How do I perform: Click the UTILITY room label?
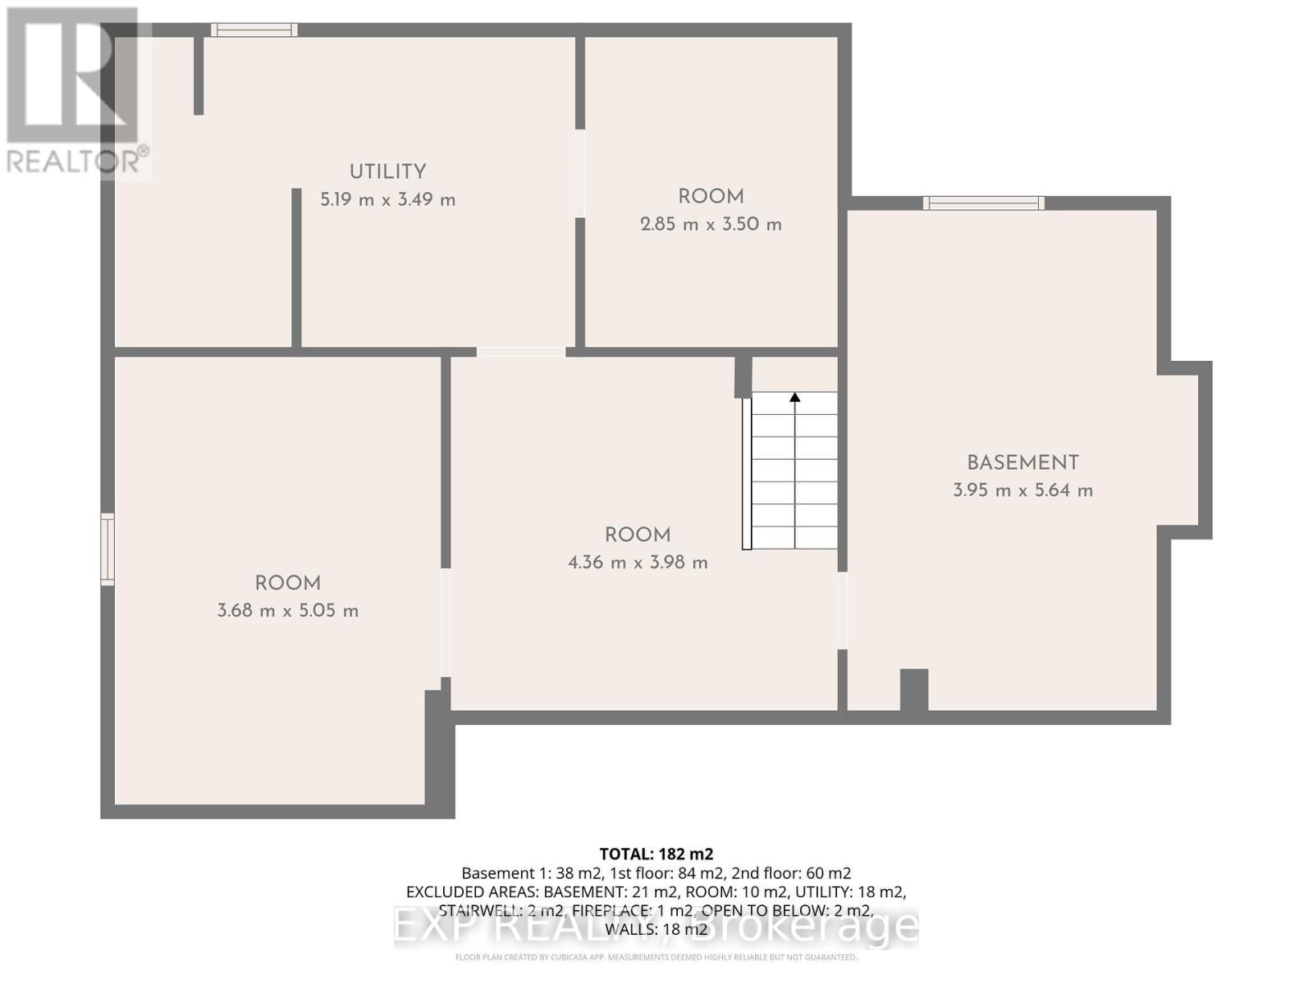coord(387,172)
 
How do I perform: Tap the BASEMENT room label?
coord(1022,463)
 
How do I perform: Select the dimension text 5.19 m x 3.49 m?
coord(387,200)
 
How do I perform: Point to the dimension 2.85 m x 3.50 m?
coord(711,225)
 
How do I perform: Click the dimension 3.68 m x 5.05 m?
coord(287,611)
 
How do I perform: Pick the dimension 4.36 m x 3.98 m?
coord(638,563)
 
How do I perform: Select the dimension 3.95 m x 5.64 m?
coord(1022,491)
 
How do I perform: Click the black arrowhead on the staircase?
coord(794,398)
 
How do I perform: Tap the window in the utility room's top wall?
coord(254,30)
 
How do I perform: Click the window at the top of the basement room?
coord(983,203)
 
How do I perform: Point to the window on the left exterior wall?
coord(108,549)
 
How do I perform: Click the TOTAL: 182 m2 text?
coord(656,854)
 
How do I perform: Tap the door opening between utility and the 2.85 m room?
coord(580,173)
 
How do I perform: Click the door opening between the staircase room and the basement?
coord(842,610)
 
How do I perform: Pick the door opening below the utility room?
coord(520,352)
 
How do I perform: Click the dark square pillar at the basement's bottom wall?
coord(914,690)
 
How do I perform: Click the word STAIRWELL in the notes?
coord(473,911)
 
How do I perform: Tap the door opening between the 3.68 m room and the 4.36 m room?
coord(446,622)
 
